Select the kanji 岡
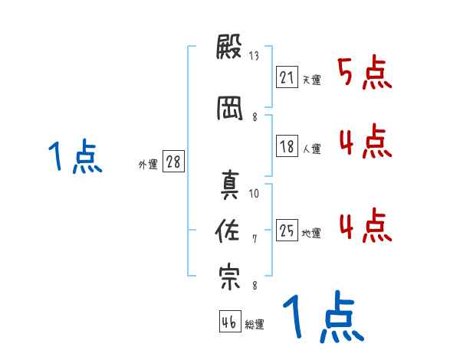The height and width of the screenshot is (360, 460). click(230, 109)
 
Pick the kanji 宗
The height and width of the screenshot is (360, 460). click(230, 277)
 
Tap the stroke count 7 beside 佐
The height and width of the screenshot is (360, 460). click(255, 240)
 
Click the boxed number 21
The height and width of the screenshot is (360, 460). click(287, 77)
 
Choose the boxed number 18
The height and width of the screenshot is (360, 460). click(287, 146)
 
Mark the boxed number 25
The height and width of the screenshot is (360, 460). click(287, 231)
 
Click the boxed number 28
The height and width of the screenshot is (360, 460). click(173, 161)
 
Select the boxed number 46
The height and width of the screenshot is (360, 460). click(229, 322)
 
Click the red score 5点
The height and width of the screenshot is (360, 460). click(364, 73)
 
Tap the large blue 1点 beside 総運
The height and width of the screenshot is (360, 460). click(322, 318)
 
